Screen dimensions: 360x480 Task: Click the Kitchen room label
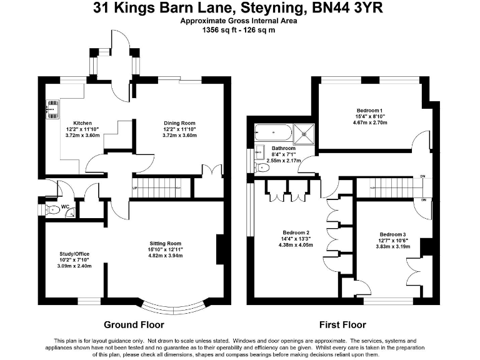[x=82, y=123]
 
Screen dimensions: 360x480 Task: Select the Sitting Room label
[x=165, y=243]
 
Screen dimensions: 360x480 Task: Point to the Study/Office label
[x=74, y=254]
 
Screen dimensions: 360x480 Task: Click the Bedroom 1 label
[x=371, y=111]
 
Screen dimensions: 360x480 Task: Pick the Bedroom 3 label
[x=392, y=234]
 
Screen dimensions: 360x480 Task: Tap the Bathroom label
[x=283, y=148]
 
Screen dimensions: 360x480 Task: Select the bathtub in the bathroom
[x=272, y=132]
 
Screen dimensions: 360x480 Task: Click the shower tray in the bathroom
[x=305, y=132]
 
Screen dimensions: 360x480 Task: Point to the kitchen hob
[x=48, y=110]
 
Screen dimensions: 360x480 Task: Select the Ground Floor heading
[x=134, y=325]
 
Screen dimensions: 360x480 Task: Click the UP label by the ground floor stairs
[x=134, y=188]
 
